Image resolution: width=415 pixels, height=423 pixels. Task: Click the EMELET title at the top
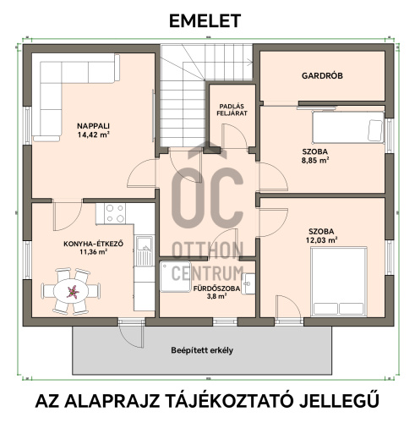[205, 21]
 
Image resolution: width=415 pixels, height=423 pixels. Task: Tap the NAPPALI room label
[93, 126]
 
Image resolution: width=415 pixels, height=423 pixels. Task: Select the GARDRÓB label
[322, 75]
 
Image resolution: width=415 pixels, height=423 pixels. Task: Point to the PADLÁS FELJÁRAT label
[232, 110]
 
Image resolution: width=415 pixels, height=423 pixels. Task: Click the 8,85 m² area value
[315, 161]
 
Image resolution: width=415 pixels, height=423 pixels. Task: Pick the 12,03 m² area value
[322, 240]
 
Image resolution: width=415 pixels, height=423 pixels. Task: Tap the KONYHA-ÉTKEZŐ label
[94, 244]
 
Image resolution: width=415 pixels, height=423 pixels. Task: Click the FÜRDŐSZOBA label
[216, 288]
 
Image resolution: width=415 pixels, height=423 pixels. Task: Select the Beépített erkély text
[202, 350]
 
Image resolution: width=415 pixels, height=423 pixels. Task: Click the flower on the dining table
[73, 291]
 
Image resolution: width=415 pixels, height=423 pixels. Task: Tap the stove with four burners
[115, 213]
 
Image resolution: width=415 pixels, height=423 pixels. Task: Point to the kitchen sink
[145, 251]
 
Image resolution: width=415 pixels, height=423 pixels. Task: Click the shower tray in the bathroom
[175, 277]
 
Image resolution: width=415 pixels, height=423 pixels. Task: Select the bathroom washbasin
[249, 283]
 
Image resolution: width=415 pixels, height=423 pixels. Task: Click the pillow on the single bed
[375, 130]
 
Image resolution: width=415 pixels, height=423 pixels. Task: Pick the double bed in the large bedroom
[339, 282]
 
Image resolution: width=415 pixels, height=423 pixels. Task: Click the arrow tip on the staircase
[252, 60]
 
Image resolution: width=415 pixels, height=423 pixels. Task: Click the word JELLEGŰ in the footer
[339, 401]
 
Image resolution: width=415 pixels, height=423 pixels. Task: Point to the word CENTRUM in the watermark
[208, 272]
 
